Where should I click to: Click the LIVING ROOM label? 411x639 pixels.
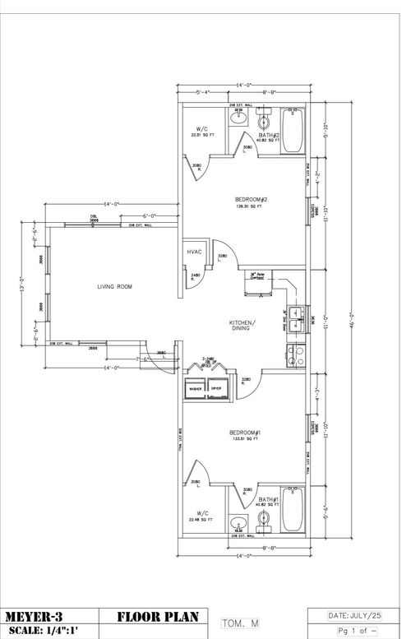click(114, 286)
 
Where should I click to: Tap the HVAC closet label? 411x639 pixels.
click(195, 252)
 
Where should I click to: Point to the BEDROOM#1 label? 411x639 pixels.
click(244, 433)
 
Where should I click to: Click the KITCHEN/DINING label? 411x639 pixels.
click(242, 325)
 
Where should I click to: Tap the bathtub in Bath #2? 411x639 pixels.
click(293, 132)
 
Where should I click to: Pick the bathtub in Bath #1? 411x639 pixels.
click(293, 511)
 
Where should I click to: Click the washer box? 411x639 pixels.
click(196, 388)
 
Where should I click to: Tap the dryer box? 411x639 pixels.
click(217, 388)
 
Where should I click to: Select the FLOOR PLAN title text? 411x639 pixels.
click(154, 616)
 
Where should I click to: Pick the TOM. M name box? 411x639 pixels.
click(240, 624)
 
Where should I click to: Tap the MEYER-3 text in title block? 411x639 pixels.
click(37, 616)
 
